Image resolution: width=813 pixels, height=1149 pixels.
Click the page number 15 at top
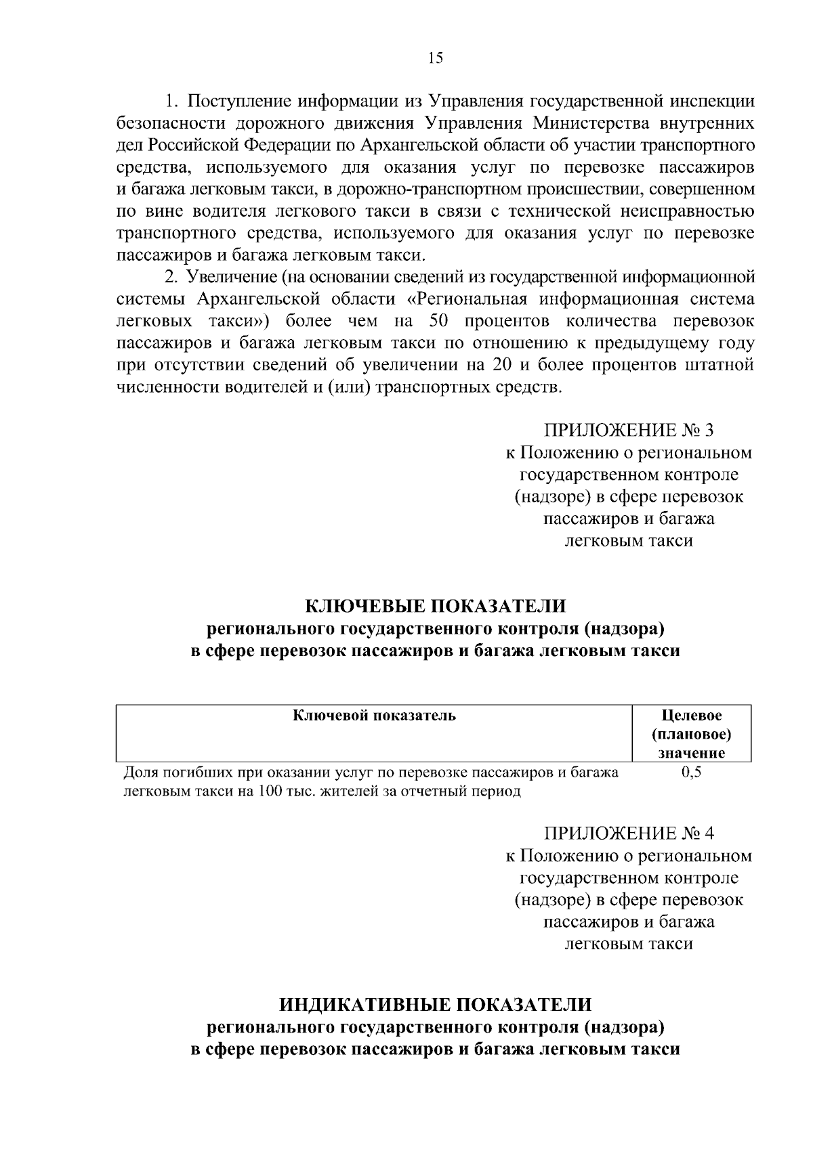tap(436, 58)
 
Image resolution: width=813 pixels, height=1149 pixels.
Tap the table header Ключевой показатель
tap(374, 716)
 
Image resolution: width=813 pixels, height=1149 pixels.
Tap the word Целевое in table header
tap(691, 716)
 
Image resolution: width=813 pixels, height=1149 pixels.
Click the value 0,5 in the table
tap(691, 773)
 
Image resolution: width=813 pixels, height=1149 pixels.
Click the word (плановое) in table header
tap(691, 735)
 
